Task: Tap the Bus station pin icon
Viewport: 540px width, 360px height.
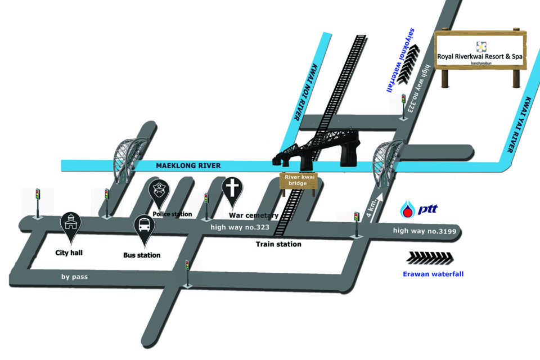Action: click(x=144, y=227)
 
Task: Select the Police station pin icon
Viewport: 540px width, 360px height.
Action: click(x=159, y=190)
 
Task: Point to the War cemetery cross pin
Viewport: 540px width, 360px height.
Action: click(x=232, y=189)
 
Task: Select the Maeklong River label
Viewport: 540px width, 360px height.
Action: click(x=189, y=165)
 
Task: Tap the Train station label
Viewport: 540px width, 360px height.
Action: click(x=278, y=244)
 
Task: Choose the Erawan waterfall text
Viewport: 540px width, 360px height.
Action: click(x=433, y=274)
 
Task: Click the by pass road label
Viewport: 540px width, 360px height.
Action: click(x=74, y=277)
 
